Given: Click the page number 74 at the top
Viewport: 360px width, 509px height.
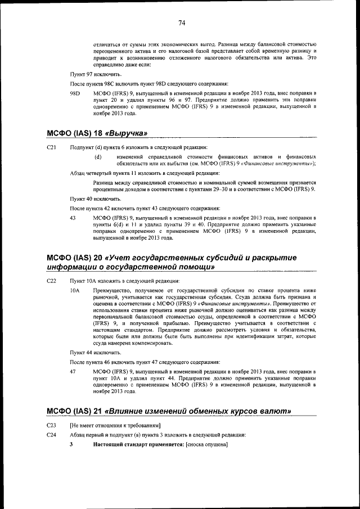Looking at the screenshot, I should [x=182, y=23].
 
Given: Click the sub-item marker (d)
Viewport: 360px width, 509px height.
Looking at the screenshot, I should [x=98, y=156].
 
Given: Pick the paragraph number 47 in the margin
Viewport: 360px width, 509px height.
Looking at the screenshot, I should [x=73, y=372].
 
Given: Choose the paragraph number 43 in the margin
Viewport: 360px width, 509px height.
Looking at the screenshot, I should [x=73, y=217].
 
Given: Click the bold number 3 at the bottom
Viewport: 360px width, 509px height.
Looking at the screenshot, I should [x=71, y=445].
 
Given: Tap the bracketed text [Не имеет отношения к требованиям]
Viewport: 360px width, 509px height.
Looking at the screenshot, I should [x=115, y=424].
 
